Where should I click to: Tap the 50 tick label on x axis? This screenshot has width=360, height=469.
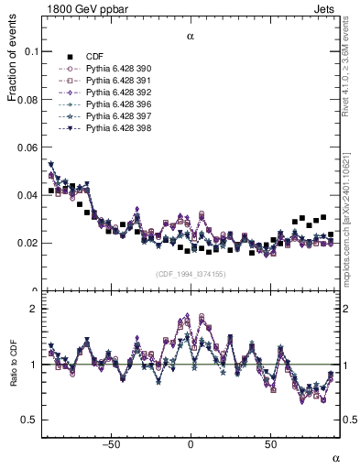(271, 444)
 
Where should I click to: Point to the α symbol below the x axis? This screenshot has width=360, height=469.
(335, 457)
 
